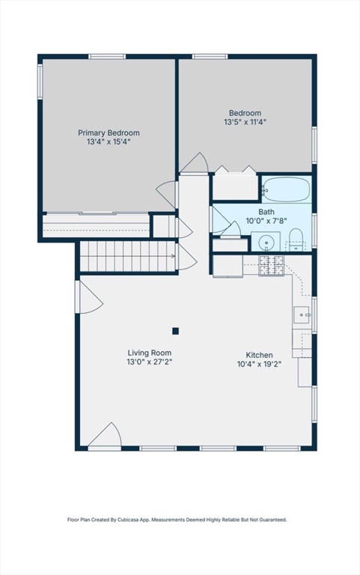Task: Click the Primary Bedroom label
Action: pyautogui.click(x=109, y=133)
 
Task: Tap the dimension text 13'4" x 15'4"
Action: pyautogui.click(x=109, y=142)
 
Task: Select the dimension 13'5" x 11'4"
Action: pyautogui.click(x=245, y=122)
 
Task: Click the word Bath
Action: pyautogui.click(x=266, y=212)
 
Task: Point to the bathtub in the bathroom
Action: pyautogui.click(x=286, y=189)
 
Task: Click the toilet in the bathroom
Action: pyautogui.click(x=296, y=241)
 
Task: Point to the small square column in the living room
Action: pyautogui.click(x=175, y=330)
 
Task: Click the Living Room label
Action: pyautogui.click(x=149, y=353)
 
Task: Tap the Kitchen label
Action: pyautogui.click(x=259, y=355)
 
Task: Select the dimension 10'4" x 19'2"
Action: pyautogui.click(x=259, y=365)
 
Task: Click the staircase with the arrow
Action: pyautogui.click(x=127, y=256)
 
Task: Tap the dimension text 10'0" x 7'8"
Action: pyautogui.click(x=266, y=222)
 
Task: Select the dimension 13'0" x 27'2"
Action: pyautogui.click(x=149, y=362)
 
